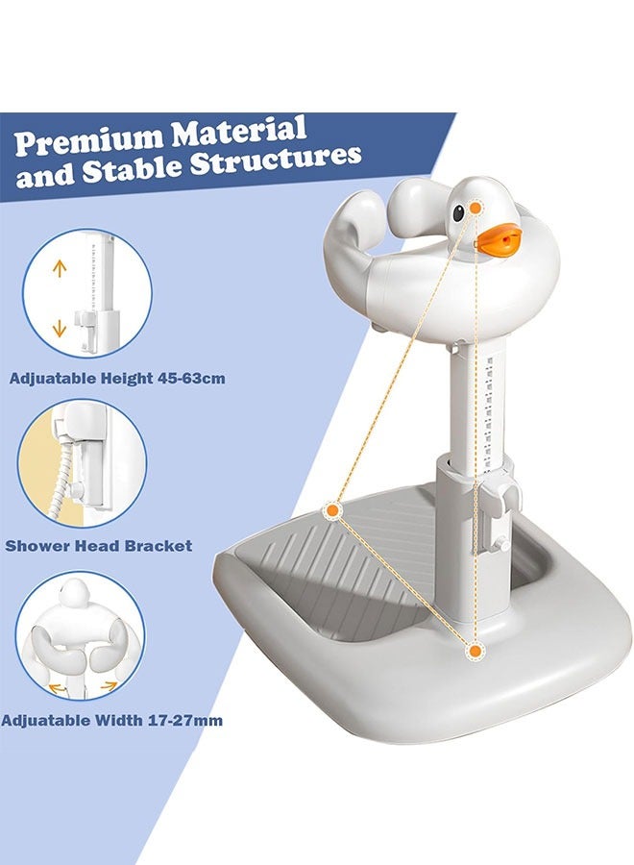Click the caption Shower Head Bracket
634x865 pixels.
[98, 546]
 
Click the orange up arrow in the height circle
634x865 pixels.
[59, 269]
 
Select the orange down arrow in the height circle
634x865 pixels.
[59, 328]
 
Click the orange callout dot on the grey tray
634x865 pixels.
[332, 510]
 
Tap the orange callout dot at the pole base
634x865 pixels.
[475, 653]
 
